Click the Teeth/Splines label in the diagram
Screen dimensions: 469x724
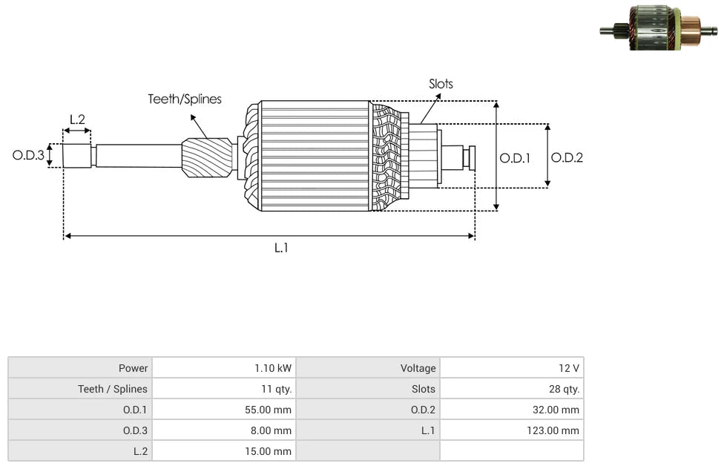[x=184, y=99]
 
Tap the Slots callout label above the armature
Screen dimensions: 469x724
[x=441, y=84]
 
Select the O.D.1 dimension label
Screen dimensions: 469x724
[x=515, y=157]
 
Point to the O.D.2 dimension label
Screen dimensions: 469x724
[x=567, y=157]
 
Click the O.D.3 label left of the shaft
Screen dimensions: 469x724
[x=28, y=156]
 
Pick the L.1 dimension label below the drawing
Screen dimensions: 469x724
[x=280, y=249]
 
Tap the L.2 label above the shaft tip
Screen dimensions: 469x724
[x=77, y=119]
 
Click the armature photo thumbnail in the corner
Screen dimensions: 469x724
[x=658, y=28]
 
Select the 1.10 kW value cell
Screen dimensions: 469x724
[x=273, y=368]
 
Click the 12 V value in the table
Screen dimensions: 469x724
[x=570, y=368]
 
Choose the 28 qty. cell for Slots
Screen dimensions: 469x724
[x=560, y=389]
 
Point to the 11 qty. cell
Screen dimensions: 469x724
[x=274, y=389]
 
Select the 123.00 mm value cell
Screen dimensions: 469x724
[x=553, y=430]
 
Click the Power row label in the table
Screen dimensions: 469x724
[x=134, y=368]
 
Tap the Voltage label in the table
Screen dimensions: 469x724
[x=418, y=368]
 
